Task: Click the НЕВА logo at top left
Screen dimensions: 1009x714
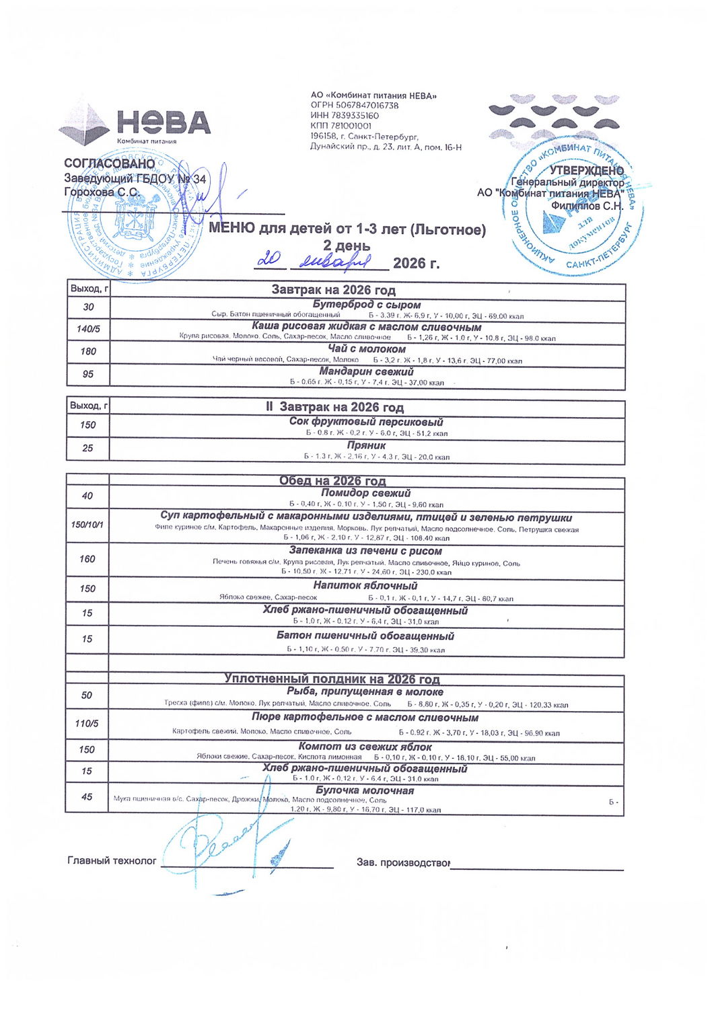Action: (135, 125)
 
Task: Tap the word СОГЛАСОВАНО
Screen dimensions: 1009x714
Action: (109, 163)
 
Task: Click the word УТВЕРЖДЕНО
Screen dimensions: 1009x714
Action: (586, 170)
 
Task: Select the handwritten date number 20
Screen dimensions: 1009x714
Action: (271, 259)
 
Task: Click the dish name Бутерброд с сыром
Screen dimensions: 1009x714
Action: (366, 305)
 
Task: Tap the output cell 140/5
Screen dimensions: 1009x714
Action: (88, 329)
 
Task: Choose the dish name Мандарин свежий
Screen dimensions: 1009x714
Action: (366, 371)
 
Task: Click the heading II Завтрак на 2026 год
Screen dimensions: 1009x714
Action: (334, 407)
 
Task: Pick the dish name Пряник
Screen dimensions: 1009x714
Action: (366, 445)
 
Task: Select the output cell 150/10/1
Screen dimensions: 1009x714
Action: (87, 524)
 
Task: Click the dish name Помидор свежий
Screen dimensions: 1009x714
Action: (366, 493)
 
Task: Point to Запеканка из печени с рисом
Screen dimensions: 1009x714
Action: (366, 551)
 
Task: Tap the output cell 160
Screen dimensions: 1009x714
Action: (87, 559)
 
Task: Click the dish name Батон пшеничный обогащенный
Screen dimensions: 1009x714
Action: (365, 636)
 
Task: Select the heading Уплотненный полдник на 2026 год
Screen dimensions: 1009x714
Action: (332, 679)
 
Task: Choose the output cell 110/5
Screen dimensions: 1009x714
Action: (87, 724)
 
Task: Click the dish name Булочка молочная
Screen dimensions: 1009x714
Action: (365, 790)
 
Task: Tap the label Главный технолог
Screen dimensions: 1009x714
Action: (112, 860)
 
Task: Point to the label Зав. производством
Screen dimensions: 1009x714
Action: (402, 862)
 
